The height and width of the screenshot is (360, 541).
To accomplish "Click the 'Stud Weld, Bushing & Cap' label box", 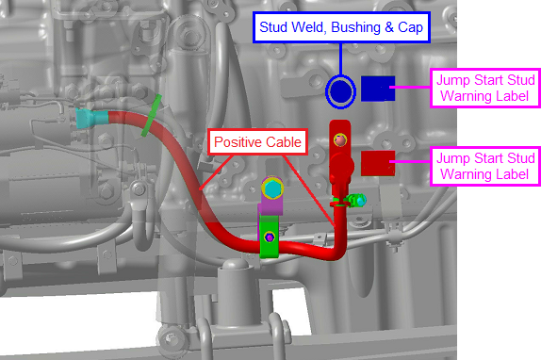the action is tap(341, 27).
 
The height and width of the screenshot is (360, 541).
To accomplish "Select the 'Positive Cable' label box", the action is tap(257, 142).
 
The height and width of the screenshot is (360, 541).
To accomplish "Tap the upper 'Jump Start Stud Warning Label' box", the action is tap(485, 88).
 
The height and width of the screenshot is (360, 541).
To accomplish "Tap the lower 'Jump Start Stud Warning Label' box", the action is tap(485, 166).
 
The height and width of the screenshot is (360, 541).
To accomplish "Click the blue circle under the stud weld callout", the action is tap(340, 91).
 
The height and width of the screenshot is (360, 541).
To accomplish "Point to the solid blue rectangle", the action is tap(378, 89).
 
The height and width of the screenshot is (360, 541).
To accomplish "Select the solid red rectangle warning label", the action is tap(378, 163).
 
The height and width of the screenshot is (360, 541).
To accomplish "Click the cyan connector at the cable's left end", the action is tap(91, 118).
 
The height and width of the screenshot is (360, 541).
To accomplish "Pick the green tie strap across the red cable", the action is tap(151, 116).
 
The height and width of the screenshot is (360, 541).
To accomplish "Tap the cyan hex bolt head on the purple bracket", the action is tap(272, 188).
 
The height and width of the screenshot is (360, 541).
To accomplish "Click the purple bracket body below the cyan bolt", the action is tap(271, 206).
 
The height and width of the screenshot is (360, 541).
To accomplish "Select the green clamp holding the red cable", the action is tap(270, 237).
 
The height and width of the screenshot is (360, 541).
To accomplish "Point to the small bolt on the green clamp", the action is tap(270, 237).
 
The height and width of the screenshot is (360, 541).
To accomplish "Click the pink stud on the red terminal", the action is tap(340, 140).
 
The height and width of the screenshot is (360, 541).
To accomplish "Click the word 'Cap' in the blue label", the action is tap(410, 27).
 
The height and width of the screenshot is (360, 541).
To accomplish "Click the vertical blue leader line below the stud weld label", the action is tap(340, 59).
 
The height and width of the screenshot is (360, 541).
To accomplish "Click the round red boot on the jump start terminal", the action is tap(341, 166).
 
